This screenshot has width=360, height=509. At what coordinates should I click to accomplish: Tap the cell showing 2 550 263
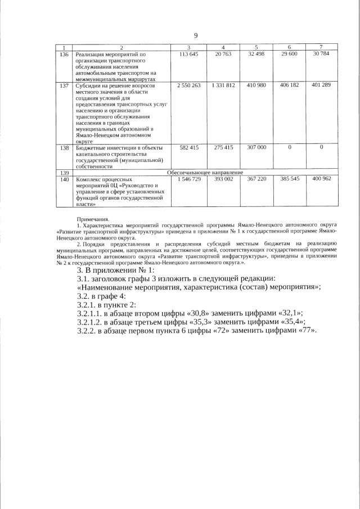tap(189, 85)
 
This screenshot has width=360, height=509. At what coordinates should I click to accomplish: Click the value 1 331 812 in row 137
tap(223, 85)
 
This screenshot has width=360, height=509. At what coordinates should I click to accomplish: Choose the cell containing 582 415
tap(189, 147)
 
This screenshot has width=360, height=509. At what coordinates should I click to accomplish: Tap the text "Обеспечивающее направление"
tap(205, 172)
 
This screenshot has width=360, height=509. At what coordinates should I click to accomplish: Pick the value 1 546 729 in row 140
tap(189, 178)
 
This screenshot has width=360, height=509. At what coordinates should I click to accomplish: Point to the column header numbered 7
tap(321, 47)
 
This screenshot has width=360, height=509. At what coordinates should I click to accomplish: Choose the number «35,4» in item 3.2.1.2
tap(291, 322)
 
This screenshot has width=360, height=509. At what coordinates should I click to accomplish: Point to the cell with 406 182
tap(289, 85)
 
